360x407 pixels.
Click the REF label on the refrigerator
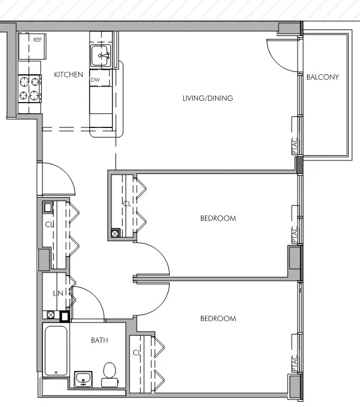tap(37, 40)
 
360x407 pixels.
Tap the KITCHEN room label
tap(68, 75)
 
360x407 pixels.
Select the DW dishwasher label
tap(95, 80)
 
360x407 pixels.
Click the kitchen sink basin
tap(101, 57)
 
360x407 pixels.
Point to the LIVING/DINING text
tap(207, 98)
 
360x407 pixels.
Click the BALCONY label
tap(322, 77)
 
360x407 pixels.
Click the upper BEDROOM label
tap(217, 218)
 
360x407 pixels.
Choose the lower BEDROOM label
tap(217, 319)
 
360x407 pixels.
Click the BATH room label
tap(99, 340)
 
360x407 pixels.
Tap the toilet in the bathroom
tap(109, 374)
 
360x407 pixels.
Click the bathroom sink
tap(84, 378)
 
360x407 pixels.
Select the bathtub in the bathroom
tap(55, 350)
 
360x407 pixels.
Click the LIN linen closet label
tap(58, 293)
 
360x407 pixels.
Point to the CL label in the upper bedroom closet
tap(126, 203)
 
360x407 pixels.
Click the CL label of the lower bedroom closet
tap(136, 353)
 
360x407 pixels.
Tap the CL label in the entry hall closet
tap(49, 224)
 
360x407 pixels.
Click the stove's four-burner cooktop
tap(30, 88)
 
